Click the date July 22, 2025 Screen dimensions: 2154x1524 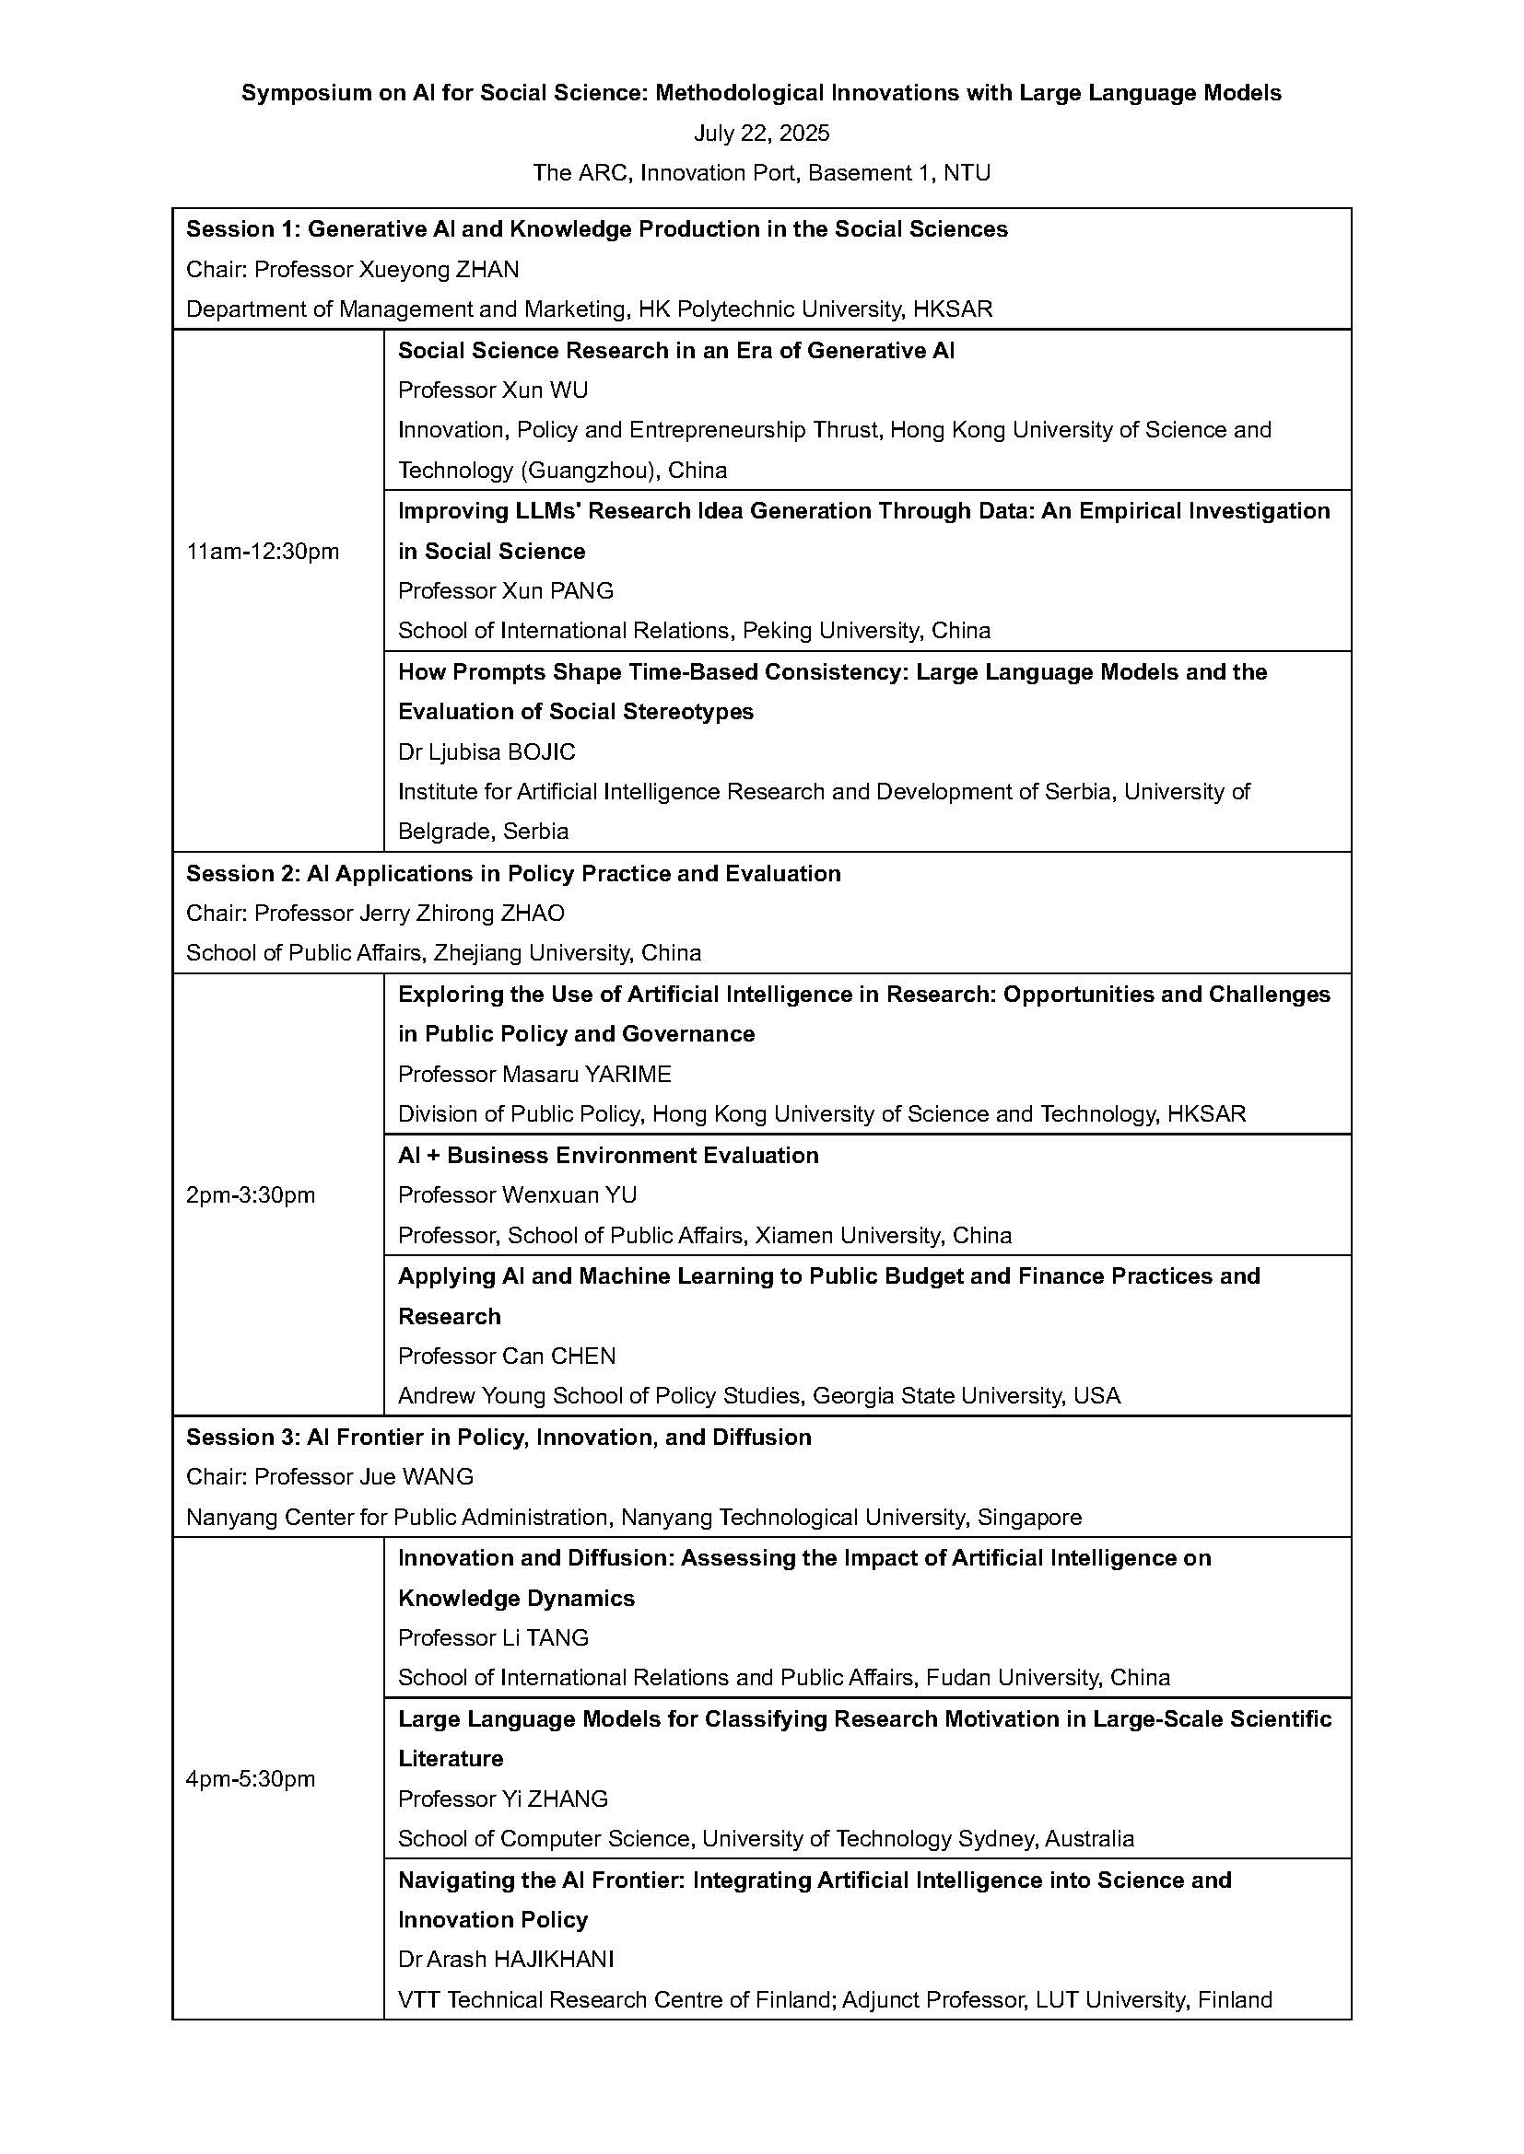point(761,134)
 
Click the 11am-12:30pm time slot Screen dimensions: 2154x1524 point(263,551)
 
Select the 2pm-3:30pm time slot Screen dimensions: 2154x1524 point(251,1194)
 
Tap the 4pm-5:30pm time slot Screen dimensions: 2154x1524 point(251,1779)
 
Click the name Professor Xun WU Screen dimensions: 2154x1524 point(493,390)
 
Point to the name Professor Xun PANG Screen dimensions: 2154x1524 point(505,590)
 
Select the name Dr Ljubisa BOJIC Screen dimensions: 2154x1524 point(487,751)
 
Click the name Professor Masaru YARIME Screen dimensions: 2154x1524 point(534,1073)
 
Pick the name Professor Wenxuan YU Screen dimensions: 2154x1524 point(517,1194)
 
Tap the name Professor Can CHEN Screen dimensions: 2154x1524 point(507,1356)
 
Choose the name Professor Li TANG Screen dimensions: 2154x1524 point(493,1637)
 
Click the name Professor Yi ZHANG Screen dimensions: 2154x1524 point(502,1799)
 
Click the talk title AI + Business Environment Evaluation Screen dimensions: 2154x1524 point(607,1155)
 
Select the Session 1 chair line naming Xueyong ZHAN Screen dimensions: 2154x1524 point(352,269)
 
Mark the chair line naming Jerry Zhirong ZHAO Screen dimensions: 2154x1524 point(374,913)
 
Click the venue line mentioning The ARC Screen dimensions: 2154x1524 point(761,172)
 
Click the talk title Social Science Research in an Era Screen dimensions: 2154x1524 point(675,350)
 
